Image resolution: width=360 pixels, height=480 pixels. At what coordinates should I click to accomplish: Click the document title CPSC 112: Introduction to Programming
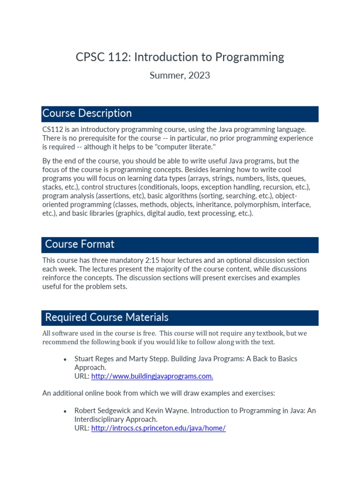180,57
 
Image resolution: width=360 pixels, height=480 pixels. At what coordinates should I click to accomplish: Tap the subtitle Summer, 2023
180,75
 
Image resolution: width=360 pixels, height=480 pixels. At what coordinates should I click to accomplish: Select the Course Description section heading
87,113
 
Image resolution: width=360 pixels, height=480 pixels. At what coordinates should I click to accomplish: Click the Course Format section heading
80,244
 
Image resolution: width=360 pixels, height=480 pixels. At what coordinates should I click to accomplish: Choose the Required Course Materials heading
107,317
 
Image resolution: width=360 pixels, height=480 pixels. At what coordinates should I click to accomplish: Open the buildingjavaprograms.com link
152,376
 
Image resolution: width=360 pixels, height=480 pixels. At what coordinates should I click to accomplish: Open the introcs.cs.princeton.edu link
158,428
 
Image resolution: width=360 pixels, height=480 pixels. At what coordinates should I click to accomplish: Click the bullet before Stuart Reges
65,359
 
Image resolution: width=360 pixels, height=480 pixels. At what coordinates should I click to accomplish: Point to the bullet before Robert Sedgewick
65,411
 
